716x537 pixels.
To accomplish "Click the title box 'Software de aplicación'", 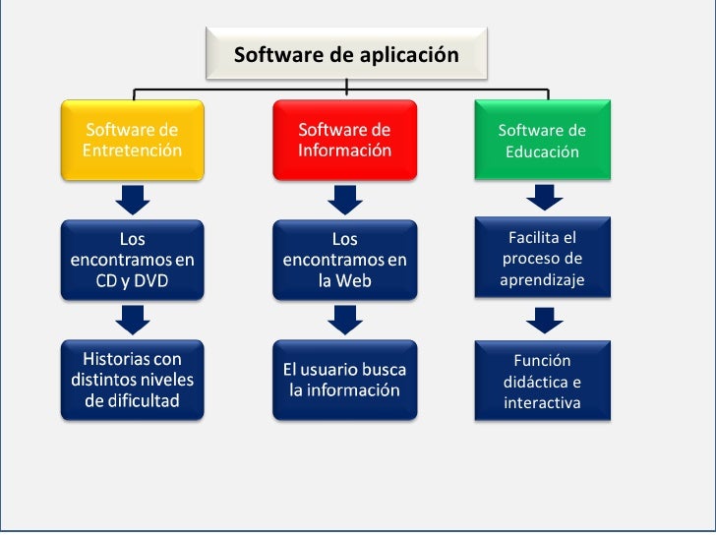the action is pos(346,55).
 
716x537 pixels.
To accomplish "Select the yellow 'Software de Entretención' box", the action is pos(133,141).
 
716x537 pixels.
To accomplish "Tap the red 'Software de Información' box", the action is pos(344,141).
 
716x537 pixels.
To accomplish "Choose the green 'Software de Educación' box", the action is pos(542,142).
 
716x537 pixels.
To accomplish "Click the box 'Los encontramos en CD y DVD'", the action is pos(133,260).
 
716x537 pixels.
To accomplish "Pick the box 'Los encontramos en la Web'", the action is pos(344,260).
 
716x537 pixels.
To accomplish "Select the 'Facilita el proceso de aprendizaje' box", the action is pos(542,259).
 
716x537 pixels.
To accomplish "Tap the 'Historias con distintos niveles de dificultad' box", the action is pos(133,380).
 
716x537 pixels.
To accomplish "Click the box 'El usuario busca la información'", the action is pos(344,380).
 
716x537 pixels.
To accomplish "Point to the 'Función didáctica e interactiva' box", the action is pos(542,382).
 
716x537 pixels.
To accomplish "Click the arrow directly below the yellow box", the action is pos(133,200).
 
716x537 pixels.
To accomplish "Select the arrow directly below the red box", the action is pos(344,200).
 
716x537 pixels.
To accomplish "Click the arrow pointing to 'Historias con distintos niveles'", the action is pos(133,319).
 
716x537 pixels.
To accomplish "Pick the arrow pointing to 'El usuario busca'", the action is pos(344,319).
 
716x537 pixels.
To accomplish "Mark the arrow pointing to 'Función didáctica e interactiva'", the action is pos(543,320).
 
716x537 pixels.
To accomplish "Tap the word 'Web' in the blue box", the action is pos(358,281).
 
